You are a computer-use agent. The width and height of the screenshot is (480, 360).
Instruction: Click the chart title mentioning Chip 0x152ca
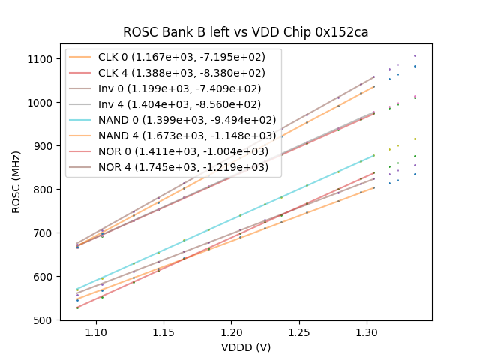coord(245,32)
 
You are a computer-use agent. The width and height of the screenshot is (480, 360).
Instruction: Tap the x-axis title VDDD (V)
coord(245,347)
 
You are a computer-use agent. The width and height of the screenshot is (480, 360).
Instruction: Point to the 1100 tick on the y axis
coord(39,59)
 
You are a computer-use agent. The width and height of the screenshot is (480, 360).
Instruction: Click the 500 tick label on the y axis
coord(42,320)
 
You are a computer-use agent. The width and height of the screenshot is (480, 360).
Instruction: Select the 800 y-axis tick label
coord(42,190)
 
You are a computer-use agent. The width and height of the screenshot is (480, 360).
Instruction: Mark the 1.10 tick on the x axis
coord(95,331)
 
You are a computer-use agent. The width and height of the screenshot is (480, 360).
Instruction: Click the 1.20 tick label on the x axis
coord(231,331)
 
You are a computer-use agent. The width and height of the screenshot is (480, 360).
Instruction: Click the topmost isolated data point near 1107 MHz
coord(415,55)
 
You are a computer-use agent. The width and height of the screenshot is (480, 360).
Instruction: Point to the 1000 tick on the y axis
coord(39,103)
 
